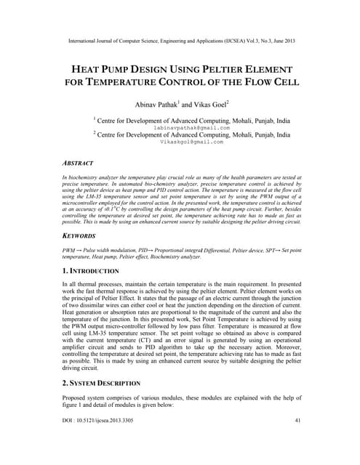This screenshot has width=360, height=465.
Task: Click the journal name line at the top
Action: (x=180, y=41)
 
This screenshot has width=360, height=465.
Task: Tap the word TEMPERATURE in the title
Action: (x=128, y=82)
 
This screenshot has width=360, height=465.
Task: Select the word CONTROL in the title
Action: (x=199, y=82)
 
